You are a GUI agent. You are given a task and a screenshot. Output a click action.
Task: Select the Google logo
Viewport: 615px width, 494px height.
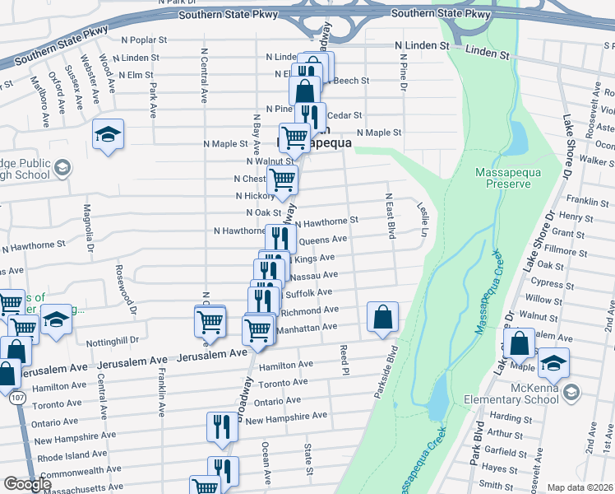coord(27,484)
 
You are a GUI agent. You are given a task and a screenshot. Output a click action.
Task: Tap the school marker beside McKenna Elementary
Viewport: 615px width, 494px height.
coord(554,364)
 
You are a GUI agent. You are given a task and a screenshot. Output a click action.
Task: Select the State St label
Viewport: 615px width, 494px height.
coord(308,459)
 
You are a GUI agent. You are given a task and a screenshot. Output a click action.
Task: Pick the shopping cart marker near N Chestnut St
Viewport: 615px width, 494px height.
coord(284,179)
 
